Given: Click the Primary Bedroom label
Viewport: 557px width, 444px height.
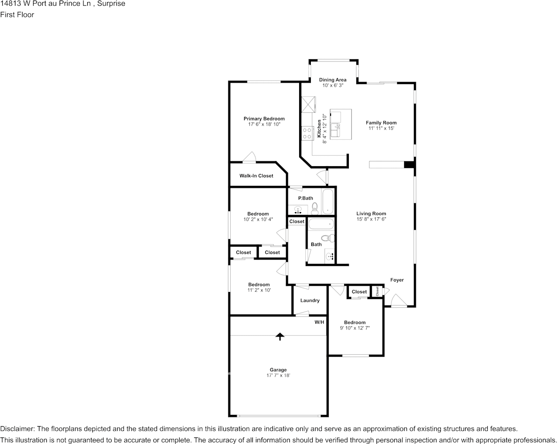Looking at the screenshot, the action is point(264,119).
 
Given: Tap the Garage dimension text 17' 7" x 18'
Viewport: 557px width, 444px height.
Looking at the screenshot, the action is point(278,375).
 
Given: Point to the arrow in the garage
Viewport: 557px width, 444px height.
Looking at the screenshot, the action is point(280,337).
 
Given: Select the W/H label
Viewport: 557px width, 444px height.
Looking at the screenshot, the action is point(319,322).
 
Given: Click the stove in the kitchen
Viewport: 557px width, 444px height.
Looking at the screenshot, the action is point(307,133).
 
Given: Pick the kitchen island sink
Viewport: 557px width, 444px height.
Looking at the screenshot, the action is point(335,127).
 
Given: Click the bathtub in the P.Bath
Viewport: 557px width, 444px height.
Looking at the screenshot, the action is point(328,201).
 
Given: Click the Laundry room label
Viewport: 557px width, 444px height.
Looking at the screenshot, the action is point(310,300).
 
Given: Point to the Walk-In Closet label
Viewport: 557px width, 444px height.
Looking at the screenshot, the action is point(256,176).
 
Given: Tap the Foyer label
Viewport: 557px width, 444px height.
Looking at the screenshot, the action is point(397,280).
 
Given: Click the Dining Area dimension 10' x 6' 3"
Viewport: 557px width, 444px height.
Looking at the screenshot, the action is point(332,85).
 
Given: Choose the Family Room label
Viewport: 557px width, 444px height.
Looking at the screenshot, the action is point(381,122).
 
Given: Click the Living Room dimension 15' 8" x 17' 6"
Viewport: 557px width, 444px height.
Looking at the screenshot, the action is point(371,219).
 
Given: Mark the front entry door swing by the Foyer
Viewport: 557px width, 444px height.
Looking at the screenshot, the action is point(399,300).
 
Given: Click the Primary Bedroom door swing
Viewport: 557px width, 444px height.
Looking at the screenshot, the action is point(249,158).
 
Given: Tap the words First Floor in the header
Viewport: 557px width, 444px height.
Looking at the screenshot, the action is point(17,15).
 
